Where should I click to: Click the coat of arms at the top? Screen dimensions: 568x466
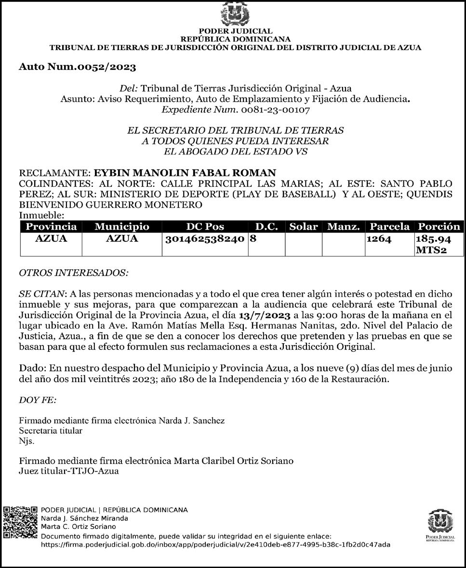tap(235, 14)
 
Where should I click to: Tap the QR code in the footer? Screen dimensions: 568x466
tap(20, 522)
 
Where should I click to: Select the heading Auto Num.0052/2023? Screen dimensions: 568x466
tap(77, 67)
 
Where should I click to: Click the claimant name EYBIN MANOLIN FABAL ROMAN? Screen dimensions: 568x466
tap(185, 173)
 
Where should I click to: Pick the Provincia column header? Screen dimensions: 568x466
tap(51, 226)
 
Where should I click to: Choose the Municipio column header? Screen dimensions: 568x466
tap(122, 226)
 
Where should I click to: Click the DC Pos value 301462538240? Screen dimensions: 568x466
tap(205, 238)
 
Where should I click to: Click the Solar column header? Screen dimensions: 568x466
tap(304, 226)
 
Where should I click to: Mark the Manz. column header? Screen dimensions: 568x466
tap(344, 226)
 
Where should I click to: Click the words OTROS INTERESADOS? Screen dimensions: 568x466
tap(73, 273)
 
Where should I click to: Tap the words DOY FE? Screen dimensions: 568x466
tap(38, 400)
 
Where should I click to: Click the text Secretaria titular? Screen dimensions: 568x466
tap(51, 430)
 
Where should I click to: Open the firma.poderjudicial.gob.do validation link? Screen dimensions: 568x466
tap(216, 545)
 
